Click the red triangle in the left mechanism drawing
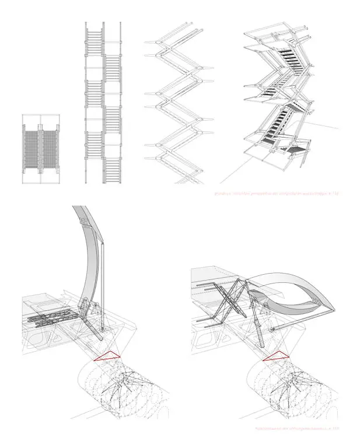107,356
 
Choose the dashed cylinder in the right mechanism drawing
286,388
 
